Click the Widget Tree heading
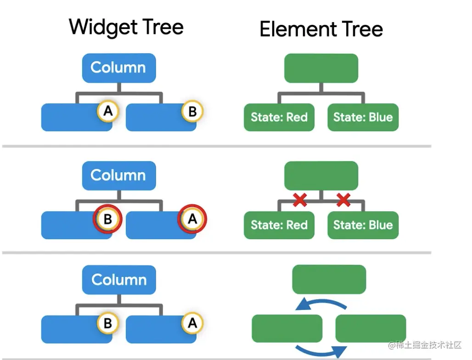126,28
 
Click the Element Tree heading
321,29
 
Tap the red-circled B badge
107,219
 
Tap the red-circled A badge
192,219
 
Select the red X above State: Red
300,200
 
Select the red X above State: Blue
343,200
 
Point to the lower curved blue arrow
320,350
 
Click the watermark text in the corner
425,345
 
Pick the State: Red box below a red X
279,225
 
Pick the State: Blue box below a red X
363,225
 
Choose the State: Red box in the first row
279,117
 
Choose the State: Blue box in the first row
363,117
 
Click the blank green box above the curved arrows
329,279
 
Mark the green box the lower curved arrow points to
371,328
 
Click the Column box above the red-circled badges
119,175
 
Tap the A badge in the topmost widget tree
107,111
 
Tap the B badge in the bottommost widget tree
107,323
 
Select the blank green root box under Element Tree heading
321,68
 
